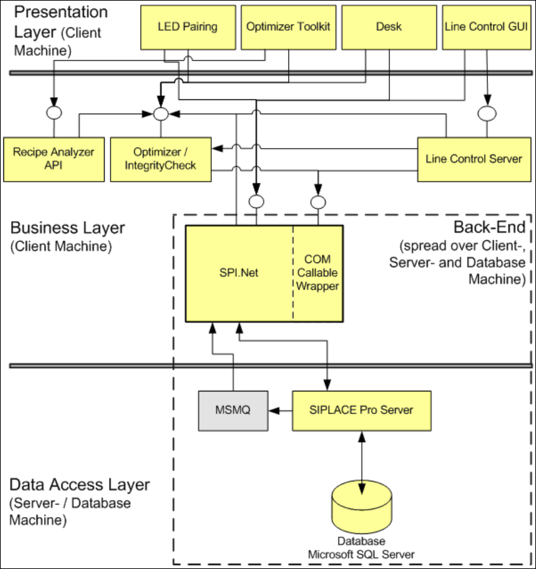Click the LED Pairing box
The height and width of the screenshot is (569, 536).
point(187,27)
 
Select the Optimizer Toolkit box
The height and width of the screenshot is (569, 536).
point(288,27)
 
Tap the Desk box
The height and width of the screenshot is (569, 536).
point(384,27)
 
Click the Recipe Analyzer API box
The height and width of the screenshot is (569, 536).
point(53,159)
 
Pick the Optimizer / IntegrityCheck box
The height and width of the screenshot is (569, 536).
point(160,159)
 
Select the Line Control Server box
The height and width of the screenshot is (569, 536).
point(474,159)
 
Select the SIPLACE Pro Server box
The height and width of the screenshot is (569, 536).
point(361,410)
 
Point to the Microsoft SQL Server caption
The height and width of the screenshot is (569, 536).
point(361,554)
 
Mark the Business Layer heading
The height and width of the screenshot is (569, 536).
point(67,228)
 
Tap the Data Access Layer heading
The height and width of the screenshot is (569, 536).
point(80,485)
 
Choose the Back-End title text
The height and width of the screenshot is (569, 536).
point(489,228)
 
